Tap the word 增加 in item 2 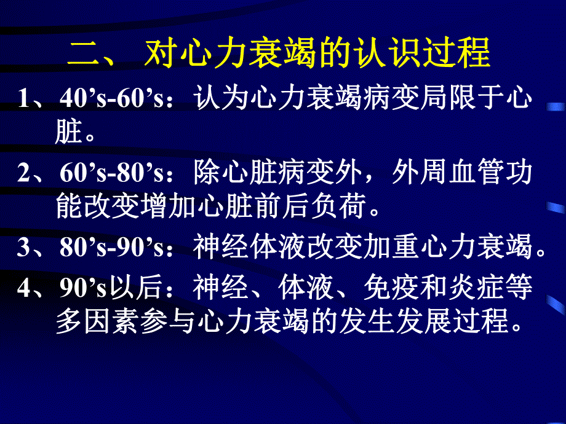pos(195,208)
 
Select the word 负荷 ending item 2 pos(349,208)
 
